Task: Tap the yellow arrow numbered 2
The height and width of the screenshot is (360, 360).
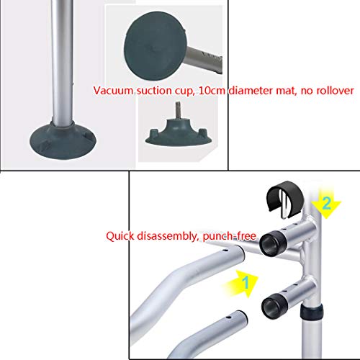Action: point(325,204)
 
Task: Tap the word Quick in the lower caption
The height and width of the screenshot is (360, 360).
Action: point(119,235)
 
